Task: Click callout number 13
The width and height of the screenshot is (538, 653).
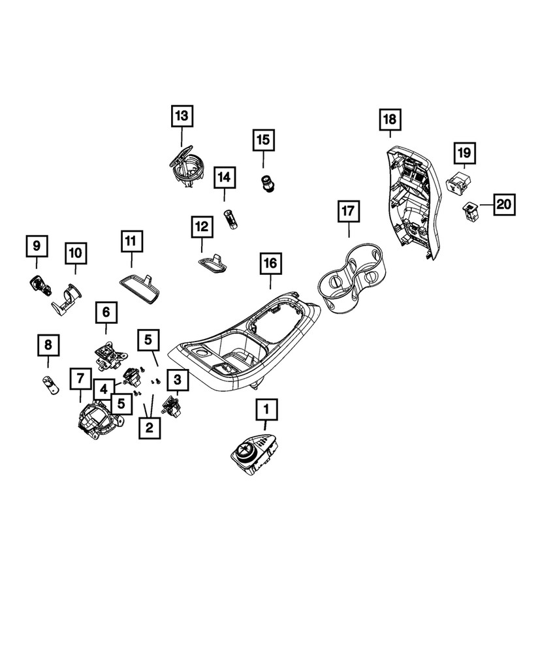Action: [182, 116]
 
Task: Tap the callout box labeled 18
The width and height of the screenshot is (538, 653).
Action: [390, 119]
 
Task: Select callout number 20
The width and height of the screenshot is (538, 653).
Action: [504, 204]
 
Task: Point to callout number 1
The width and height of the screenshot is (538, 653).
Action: [266, 409]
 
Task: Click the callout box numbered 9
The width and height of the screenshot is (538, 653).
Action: [37, 246]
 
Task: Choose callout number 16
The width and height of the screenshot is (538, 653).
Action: [270, 263]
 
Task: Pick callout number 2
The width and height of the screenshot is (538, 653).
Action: [150, 427]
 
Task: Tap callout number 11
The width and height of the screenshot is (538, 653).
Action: [132, 241]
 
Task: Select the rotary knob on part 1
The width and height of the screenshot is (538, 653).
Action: [244, 451]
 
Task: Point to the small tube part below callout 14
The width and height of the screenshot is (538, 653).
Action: [230, 219]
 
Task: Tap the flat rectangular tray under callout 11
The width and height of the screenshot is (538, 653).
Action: [141, 287]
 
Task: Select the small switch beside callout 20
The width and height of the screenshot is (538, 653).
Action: [471, 210]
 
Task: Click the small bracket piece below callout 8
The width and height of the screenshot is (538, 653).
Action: [51, 385]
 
